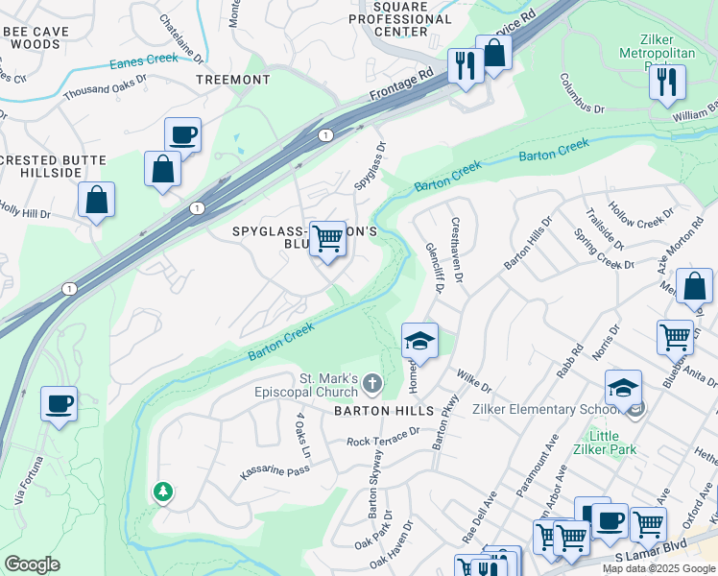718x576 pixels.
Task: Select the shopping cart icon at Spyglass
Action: [x=327, y=237]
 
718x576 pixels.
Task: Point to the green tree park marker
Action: [x=163, y=492]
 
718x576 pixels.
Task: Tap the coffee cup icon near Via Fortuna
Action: [x=59, y=403]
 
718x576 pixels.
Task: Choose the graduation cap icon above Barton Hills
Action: [x=419, y=340]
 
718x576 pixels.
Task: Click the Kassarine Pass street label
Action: [x=274, y=469]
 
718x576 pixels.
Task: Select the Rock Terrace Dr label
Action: [x=384, y=438]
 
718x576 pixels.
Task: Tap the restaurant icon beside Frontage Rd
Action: [x=466, y=65]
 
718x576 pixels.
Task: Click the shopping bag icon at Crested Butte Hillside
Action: [x=96, y=201]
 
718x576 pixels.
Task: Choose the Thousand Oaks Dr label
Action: [x=105, y=86]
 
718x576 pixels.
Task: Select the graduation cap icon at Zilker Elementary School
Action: [x=623, y=387]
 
